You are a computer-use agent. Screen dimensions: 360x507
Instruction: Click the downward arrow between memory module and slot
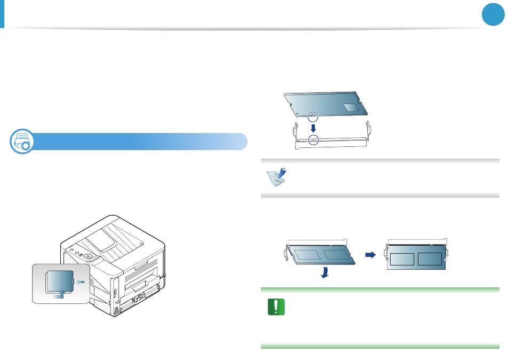[x=313, y=128]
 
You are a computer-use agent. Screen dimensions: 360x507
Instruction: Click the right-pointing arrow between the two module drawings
[x=369, y=255]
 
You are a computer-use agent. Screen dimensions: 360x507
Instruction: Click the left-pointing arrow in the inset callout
[x=78, y=281]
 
